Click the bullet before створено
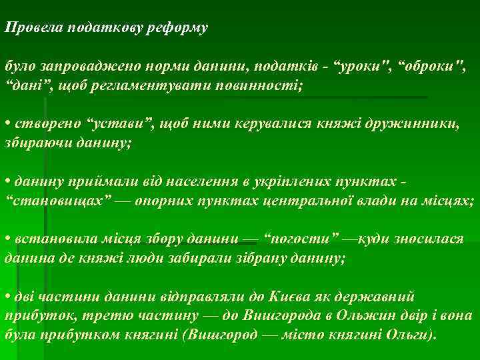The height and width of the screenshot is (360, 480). (x=7, y=125)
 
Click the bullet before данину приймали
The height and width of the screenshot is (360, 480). (x=7, y=183)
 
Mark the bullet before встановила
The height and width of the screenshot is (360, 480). (x=7, y=239)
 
